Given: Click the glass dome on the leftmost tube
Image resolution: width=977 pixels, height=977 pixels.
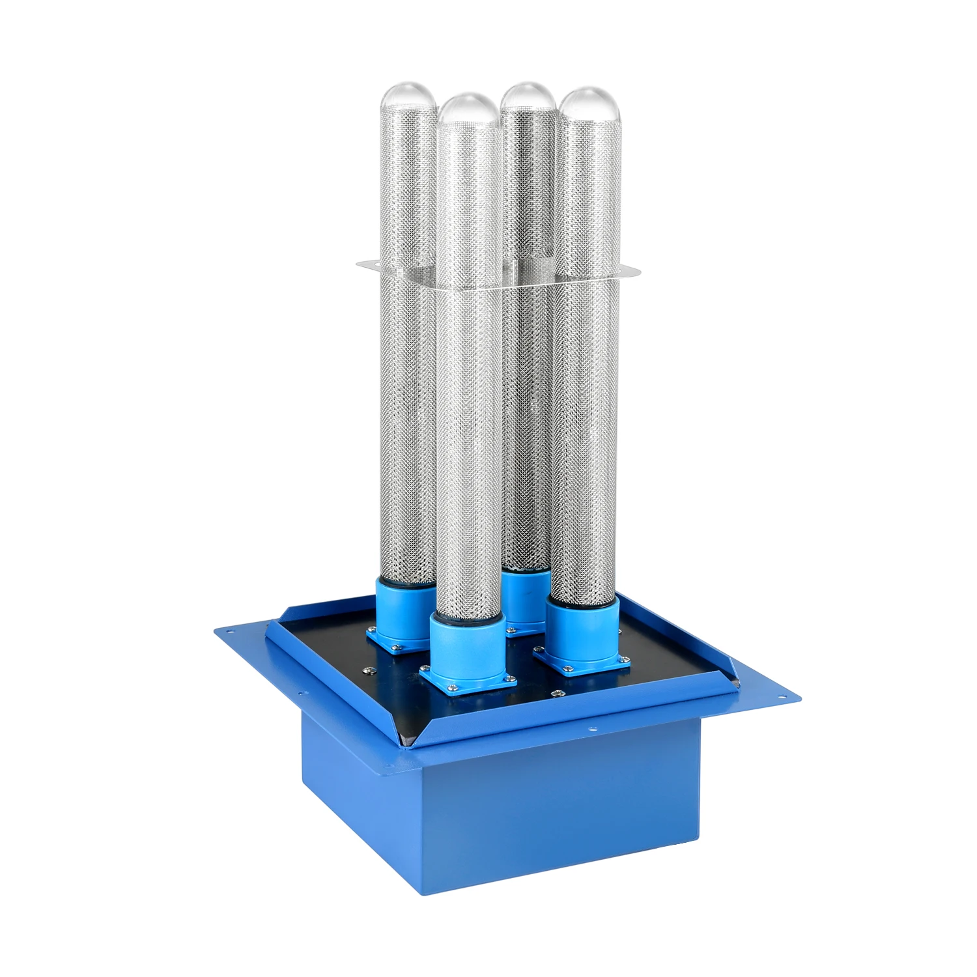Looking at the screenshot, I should (x=408, y=97).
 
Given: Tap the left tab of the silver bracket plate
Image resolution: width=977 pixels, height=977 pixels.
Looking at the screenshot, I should (x=369, y=264).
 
